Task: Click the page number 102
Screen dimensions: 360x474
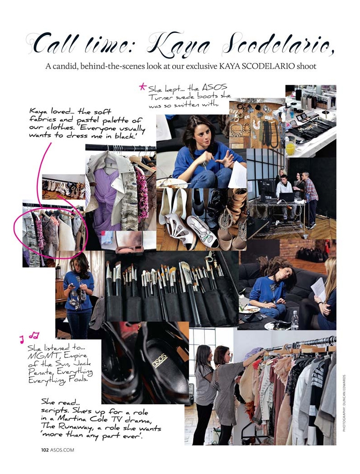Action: click(45, 450)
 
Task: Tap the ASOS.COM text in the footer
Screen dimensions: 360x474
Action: click(62, 450)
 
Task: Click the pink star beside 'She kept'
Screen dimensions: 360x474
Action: click(142, 87)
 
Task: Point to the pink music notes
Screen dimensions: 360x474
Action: click(30, 337)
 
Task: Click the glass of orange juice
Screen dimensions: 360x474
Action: click(291, 146)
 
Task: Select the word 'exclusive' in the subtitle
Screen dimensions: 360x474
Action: click(201, 66)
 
